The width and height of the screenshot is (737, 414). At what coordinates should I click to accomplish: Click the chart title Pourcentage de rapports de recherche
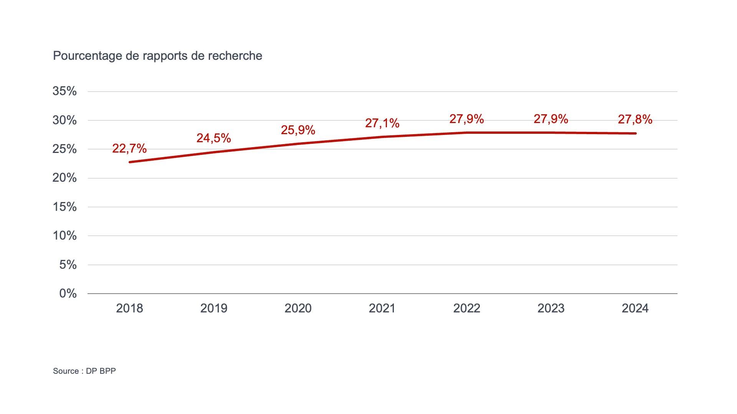pyautogui.click(x=157, y=56)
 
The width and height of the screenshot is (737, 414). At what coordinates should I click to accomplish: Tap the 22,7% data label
pyautogui.click(x=129, y=148)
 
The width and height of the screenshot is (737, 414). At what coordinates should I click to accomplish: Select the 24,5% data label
pyautogui.click(x=214, y=138)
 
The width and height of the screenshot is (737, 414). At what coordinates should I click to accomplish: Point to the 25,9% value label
pyautogui.click(x=298, y=130)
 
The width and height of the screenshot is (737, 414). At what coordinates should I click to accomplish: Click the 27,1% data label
pyautogui.click(x=382, y=123)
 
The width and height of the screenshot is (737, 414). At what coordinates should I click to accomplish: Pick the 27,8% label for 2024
pyautogui.click(x=635, y=120)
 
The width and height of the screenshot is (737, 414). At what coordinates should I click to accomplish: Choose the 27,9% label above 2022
pyautogui.click(x=466, y=119)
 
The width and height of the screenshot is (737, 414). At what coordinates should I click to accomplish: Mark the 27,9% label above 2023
pyautogui.click(x=551, y=119)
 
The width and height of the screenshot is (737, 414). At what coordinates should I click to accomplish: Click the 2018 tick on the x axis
pyautogui.click(x=129, y=308)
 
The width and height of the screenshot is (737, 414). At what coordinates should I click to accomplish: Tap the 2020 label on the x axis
pyautogui.click(x=298, y=308)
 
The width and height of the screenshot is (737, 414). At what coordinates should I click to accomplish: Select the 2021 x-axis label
pyautogui.click(x=382, y=308)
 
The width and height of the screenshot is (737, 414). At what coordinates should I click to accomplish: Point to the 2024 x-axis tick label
pyautogui.click(x=635, y=308)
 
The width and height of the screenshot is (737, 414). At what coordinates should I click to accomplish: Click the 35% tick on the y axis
pyautogui.click(x=64, y=91)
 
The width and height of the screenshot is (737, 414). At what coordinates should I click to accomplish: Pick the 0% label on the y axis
pyautogui.click(x=68, y=294)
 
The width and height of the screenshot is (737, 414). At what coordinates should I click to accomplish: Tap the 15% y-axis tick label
pyautogui.click(x=64, y=207)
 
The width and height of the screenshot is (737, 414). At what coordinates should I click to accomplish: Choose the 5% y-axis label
pyautogui.click(x=68, y=264)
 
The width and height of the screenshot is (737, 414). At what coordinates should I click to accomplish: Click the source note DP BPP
pyautogui.click(x=84, y=371)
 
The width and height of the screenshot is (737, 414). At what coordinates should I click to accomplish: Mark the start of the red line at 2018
pyautogui.click(x=130, y=162)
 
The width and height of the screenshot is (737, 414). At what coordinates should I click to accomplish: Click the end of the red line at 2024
pyautogui.click(x=635, y=133)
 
